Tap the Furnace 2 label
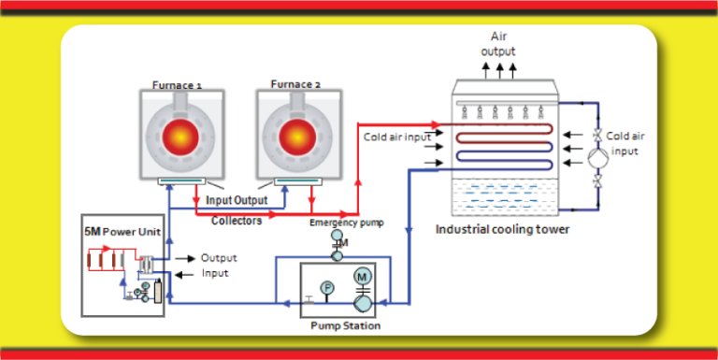pos(295,84)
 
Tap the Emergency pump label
pos(347,223)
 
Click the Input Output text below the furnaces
pos(237,200)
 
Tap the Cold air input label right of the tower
pos(625,143)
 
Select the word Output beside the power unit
pos(219,257)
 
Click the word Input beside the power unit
pos(215,273)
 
